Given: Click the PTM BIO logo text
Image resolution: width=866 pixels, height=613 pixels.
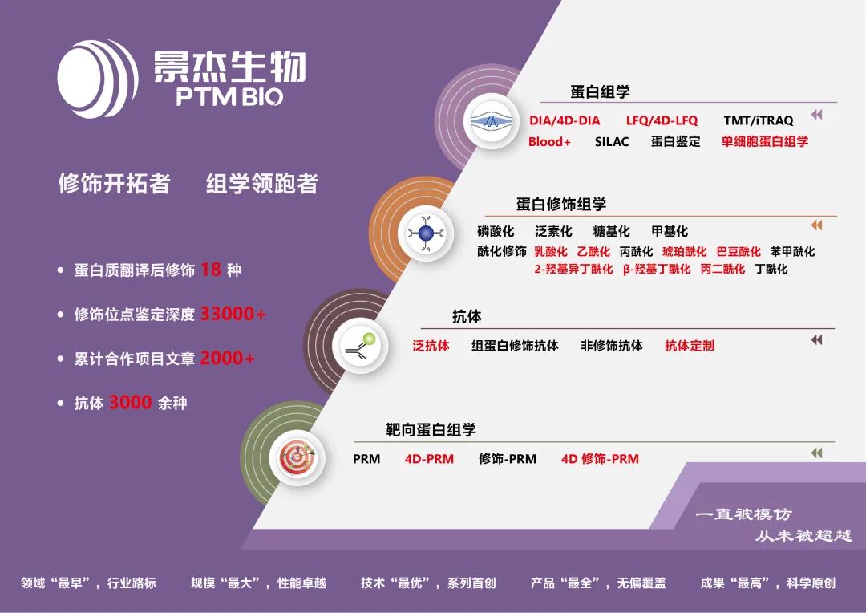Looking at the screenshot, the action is coord(229,97).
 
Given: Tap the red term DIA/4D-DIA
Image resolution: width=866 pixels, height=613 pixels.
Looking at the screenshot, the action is coord(565,120).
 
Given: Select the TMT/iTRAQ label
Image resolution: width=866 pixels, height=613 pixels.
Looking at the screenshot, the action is coord(759,120).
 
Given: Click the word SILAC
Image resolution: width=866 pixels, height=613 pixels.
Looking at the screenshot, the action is coord(612,141).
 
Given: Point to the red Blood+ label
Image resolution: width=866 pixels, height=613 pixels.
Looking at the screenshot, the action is coord(549,141).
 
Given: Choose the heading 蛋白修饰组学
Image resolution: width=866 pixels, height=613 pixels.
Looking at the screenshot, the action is coord(561,204).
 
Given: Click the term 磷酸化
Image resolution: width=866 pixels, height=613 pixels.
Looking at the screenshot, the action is coord(496,231).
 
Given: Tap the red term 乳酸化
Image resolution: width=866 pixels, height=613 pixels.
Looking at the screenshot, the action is coord(551,251).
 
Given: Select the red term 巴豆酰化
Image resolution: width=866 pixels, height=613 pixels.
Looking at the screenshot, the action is coord(739,251).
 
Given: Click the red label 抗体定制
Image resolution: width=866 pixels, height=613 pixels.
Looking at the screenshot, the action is coord(690,346).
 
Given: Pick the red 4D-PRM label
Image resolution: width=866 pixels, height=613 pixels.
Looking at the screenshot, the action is coord(429,459).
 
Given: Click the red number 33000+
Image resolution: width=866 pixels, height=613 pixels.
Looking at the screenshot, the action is coord(233,314).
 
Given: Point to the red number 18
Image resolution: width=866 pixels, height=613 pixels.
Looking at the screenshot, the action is coord(210,270).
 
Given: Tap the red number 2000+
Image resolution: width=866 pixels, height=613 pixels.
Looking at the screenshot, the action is coord(227,358).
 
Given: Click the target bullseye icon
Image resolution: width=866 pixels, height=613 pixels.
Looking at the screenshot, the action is coord(297,457).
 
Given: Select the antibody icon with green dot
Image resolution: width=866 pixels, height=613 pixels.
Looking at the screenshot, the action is coord(361,345).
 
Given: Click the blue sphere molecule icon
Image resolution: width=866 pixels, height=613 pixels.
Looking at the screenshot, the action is coord(426,233).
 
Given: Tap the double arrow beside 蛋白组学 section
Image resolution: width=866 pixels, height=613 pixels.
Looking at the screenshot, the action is coord(817,115).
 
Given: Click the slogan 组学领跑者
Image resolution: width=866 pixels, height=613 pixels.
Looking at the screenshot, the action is coord(262,184).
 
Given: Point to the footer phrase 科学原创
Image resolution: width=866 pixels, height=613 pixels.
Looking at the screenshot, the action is coord(811,583).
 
